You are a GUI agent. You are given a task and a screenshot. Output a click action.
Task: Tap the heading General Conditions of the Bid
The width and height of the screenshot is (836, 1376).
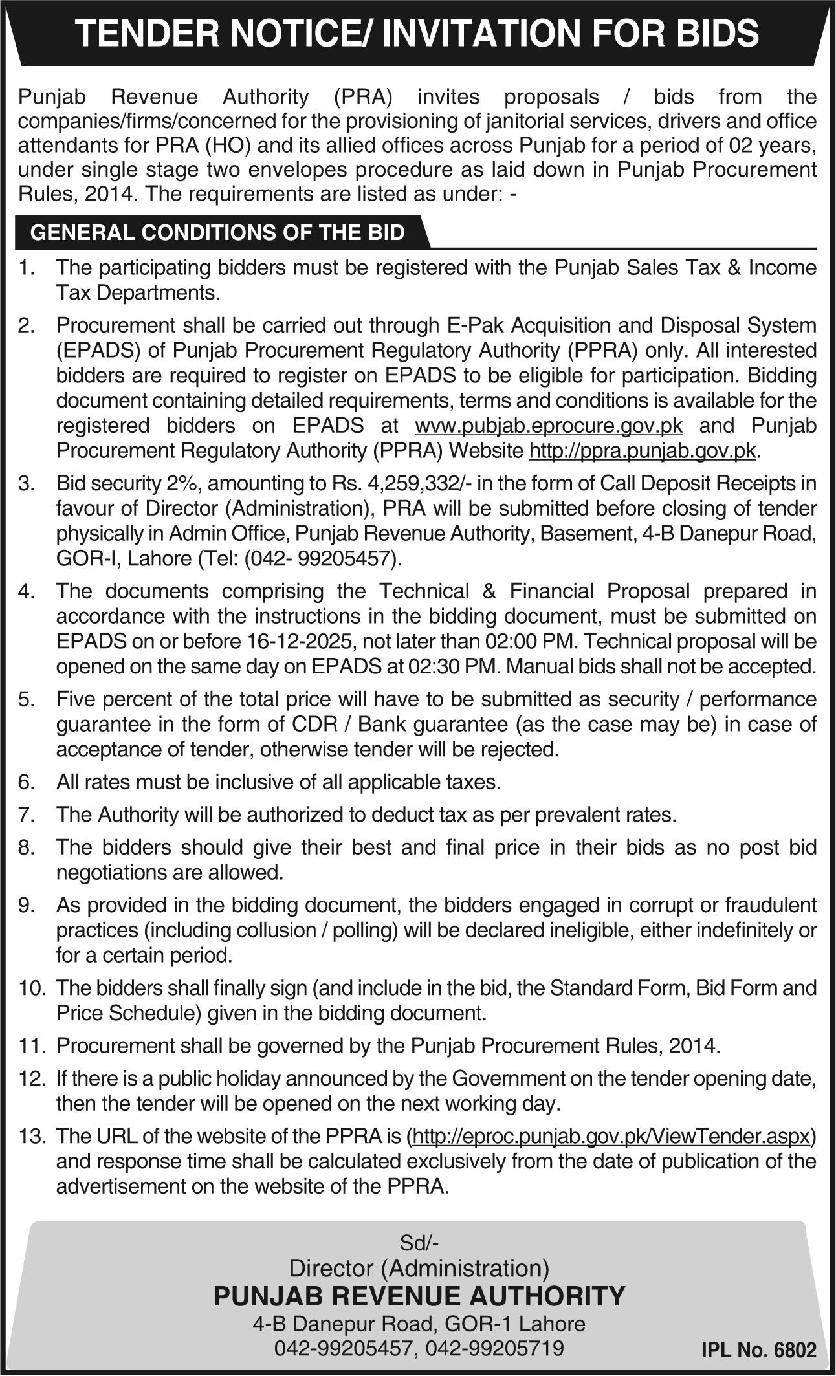click(217, 233)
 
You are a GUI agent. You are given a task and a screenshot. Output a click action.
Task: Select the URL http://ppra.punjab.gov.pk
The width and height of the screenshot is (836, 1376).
click(642, 451)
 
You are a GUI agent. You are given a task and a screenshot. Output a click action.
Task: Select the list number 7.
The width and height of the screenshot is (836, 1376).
click(26, 814)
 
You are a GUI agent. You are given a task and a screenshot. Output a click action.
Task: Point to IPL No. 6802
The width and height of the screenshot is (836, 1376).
click(759, 1351)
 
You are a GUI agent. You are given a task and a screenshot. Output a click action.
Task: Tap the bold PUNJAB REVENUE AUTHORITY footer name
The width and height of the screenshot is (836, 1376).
click(419, 1296)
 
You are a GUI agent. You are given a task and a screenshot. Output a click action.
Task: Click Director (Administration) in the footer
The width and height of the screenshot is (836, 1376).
click(419, 1267)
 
